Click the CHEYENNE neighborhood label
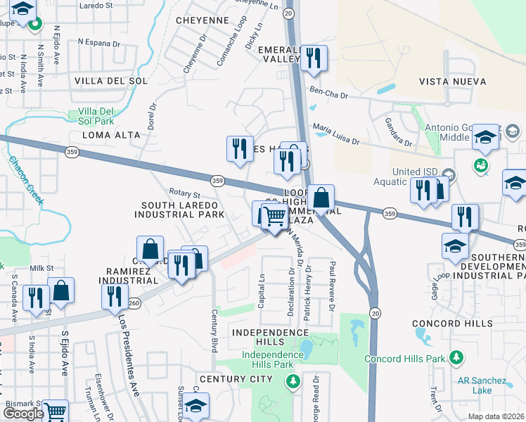(203, 20)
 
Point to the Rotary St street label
(185, 193)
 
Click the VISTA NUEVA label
(452, 82)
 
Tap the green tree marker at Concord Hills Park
(456, 358)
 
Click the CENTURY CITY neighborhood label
(235, 379)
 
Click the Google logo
(23, 414)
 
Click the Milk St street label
(41, 268)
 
